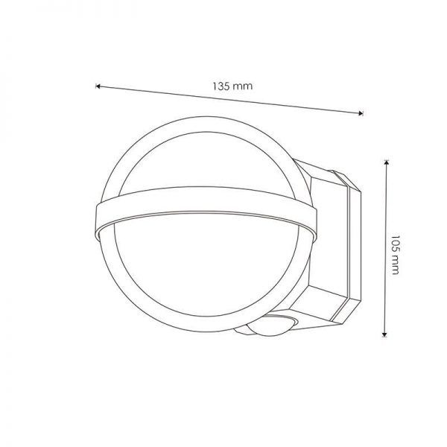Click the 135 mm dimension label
tap(232, 86)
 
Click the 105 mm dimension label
tap(395, 255)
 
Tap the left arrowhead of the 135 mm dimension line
tap(98, 86)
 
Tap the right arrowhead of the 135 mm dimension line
tap(361, 113)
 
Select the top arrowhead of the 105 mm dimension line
tap(386, 162)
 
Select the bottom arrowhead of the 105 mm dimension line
tap(385, 335)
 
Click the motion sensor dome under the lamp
tap(271, 326)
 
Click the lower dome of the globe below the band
tap(206, 265)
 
